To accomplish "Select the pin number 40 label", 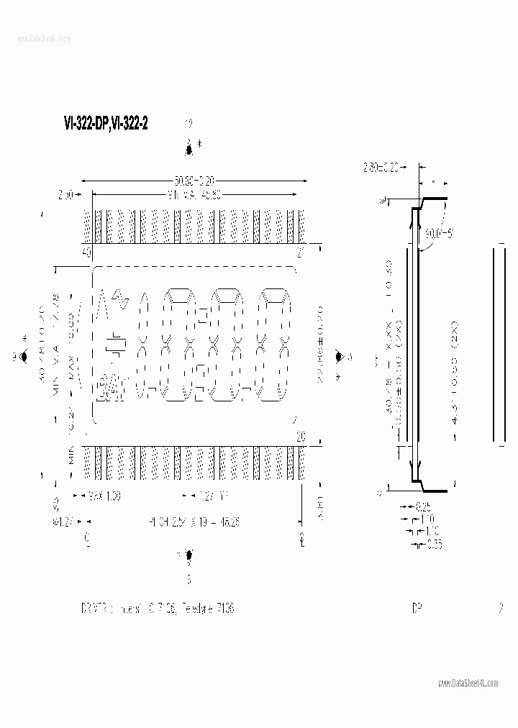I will click(87, 252).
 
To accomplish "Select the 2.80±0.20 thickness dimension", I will click(382, 168).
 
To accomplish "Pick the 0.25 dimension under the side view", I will click(424, 507).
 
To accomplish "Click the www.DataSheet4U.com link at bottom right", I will click(467, 683).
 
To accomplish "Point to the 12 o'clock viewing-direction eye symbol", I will click(189, 149).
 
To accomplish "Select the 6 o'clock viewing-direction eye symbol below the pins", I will click(189, 555).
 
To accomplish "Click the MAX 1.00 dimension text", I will click(106, 496).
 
